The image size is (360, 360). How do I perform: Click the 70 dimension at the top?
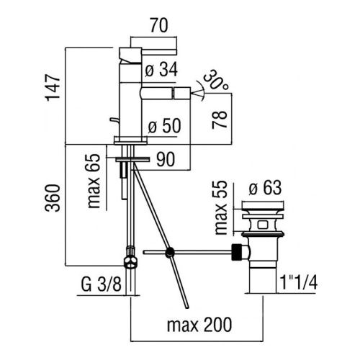click(x=159, y=26)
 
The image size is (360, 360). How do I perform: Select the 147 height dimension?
click(x=53, y=88)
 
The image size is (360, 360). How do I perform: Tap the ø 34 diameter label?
click(x=161, y=70)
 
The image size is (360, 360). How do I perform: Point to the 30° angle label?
click(x=215, y=81)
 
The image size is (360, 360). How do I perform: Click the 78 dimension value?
click(x=220, y=120)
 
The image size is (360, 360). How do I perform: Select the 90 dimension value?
click(x=166, y=159)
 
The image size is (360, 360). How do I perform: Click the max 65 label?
click(x=92, y=181)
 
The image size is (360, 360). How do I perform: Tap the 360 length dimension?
click(x=53, y=198)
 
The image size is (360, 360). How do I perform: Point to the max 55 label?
click(x=220, y=207)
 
